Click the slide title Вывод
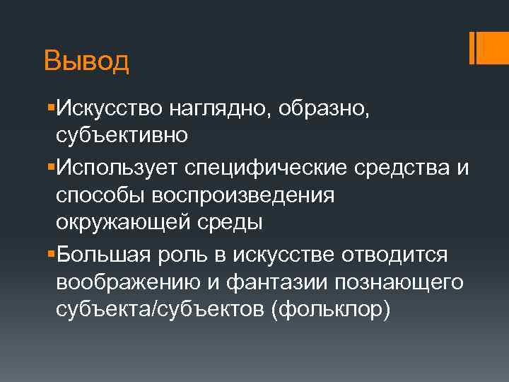coord(86,61)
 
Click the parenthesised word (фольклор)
coord(329,311)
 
